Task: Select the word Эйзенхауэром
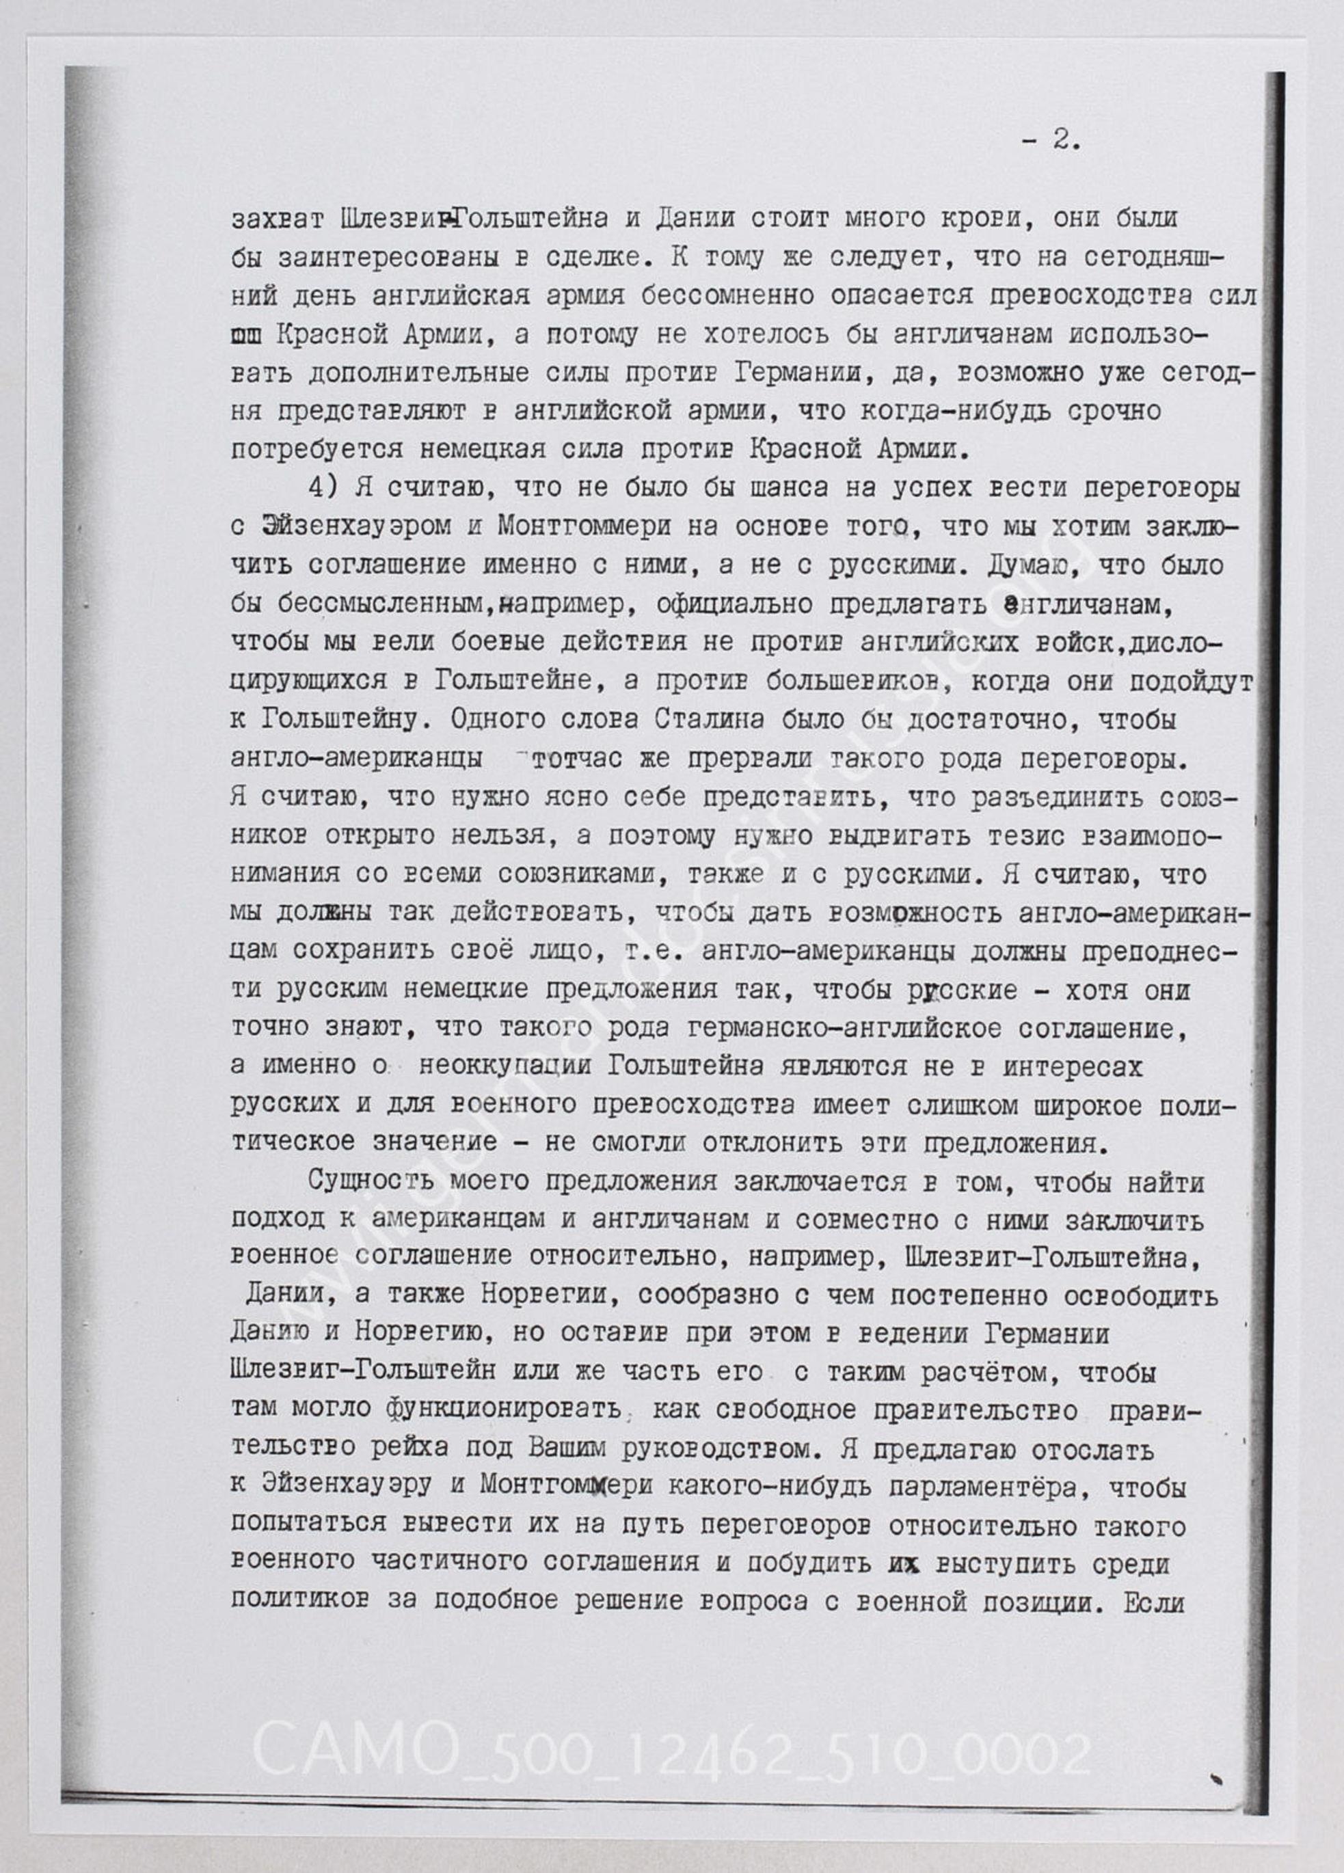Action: coord(356,526)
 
